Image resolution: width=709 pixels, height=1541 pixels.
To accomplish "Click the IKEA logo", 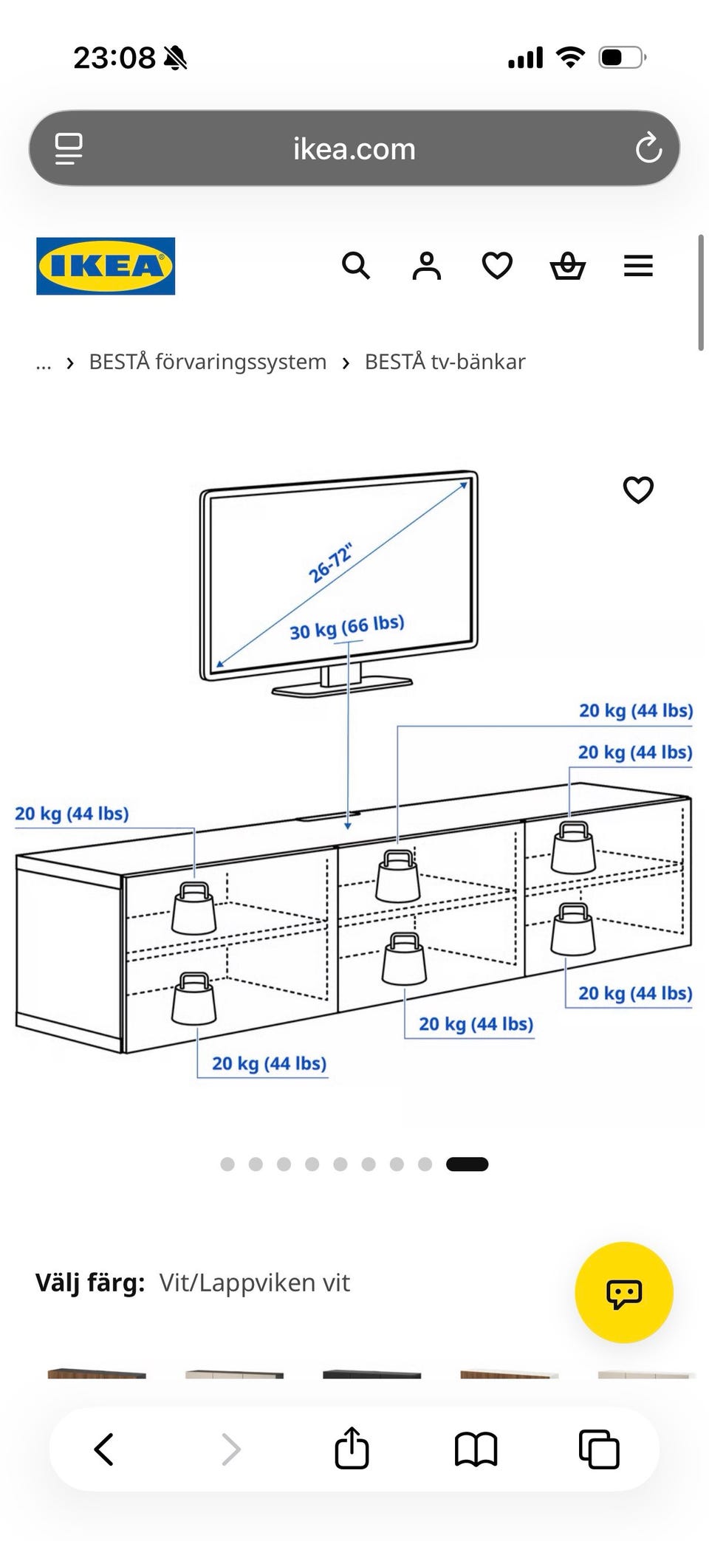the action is [x=106, y=266].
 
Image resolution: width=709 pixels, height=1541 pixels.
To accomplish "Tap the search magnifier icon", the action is [x=356, y=265].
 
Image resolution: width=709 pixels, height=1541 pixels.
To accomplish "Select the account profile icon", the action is [x=426, y=266].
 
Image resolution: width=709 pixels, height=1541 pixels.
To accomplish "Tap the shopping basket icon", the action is [x=568, y=266].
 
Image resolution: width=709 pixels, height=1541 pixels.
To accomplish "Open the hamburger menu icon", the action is [x=638, y=266].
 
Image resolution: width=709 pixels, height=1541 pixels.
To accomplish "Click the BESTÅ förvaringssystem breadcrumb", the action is [x=208, y=362].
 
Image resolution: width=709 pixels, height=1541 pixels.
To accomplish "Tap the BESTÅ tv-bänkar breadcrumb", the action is [x=445, y=362].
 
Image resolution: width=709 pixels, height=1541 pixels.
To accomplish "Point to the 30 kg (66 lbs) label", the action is [x=347, y=627].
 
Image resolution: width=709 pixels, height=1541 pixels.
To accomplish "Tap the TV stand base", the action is [x=342, y=685].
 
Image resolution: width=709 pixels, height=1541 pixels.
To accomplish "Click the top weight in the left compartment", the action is [x=194, y=907].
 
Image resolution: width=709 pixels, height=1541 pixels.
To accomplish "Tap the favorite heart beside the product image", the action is [x=638, y=490].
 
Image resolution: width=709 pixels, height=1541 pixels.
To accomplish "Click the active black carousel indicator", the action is [x=467, y=1164].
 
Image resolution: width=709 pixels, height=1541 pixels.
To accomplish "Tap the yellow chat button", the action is [x=624, y=1292].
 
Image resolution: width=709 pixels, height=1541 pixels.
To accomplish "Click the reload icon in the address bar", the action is [x=648, y=148].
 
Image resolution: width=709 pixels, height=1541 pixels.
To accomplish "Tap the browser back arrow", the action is [x=104, y=1449].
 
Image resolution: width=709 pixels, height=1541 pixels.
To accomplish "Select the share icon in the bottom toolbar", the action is [x=352, y=1447].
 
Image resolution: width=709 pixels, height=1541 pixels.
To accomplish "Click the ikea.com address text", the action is [x=354, y=149].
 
